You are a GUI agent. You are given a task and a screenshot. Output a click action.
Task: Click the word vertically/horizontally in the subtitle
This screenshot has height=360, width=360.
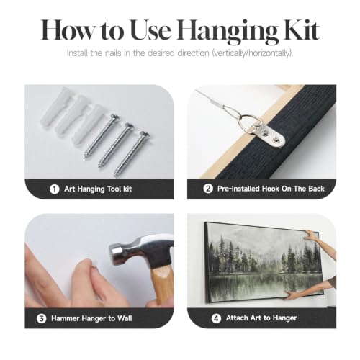tap(252, 53)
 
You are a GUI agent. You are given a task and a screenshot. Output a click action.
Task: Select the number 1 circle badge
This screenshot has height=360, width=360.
tap(54, 189)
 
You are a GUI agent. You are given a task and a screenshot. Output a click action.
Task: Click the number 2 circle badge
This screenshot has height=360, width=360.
tap(208, 189)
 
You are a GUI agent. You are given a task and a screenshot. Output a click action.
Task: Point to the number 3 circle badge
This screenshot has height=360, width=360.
tap(41, 318)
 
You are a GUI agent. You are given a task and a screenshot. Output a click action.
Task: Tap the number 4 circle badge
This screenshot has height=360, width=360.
tap(216, 318)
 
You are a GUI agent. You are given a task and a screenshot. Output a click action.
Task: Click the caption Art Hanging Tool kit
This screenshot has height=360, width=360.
tap(98, 189)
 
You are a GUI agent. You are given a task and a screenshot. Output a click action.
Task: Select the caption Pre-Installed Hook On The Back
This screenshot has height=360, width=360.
tap(271, 189)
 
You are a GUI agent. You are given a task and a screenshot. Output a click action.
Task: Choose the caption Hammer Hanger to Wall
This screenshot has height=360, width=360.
tap(91, 318)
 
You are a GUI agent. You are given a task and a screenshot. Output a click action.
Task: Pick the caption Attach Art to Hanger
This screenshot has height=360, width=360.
tap(261, 318)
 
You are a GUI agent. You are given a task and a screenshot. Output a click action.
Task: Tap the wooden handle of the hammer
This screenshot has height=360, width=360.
tap(163, 286)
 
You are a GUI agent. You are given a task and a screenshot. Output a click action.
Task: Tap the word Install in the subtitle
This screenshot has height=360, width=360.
tap(77, 53)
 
